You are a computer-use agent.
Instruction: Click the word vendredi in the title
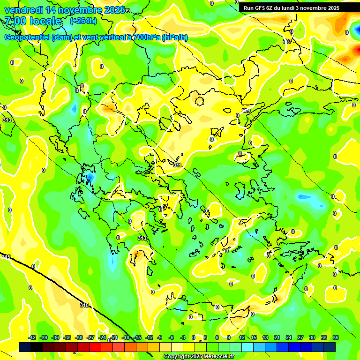(x=23, y=10)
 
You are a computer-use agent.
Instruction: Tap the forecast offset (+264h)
(x=83, y=21)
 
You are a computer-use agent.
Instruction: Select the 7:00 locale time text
(x=33, y=21)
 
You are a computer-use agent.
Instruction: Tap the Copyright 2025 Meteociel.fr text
(x=199, y=356)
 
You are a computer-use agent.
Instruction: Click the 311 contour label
(x=177, y=165)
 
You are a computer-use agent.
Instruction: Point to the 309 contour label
(x=246, y=111)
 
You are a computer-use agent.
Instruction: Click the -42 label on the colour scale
(x=32, y=337)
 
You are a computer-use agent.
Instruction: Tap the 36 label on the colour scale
(x=335, y=337)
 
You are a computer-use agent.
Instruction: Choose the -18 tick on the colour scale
(x=126, y=337)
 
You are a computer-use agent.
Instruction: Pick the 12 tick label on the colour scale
(x=242, y=337)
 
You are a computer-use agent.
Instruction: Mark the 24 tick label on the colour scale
(x=289, y=337)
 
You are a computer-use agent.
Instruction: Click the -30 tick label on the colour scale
(x=79, y=337)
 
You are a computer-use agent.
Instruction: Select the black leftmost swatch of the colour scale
(x=25, y=347)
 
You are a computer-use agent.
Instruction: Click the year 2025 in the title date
(x=114, y=10)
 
